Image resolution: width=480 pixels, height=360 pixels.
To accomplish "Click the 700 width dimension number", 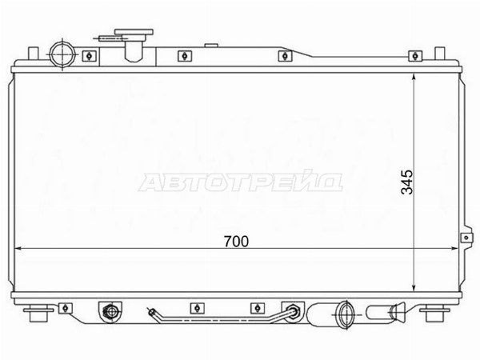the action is point(236,242).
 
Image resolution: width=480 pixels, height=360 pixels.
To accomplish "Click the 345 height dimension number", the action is point(407,182).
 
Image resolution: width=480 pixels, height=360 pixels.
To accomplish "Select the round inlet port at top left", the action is point(62,55).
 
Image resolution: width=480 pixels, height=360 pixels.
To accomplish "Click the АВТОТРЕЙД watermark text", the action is point(240,182).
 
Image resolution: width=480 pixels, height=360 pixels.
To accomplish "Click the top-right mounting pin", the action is point(439,54).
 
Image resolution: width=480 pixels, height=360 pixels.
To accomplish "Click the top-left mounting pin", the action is point(34,54).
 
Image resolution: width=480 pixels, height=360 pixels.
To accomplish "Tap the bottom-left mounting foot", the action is point(38,313).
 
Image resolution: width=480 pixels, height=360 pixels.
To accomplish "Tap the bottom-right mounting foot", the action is point(434,313).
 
